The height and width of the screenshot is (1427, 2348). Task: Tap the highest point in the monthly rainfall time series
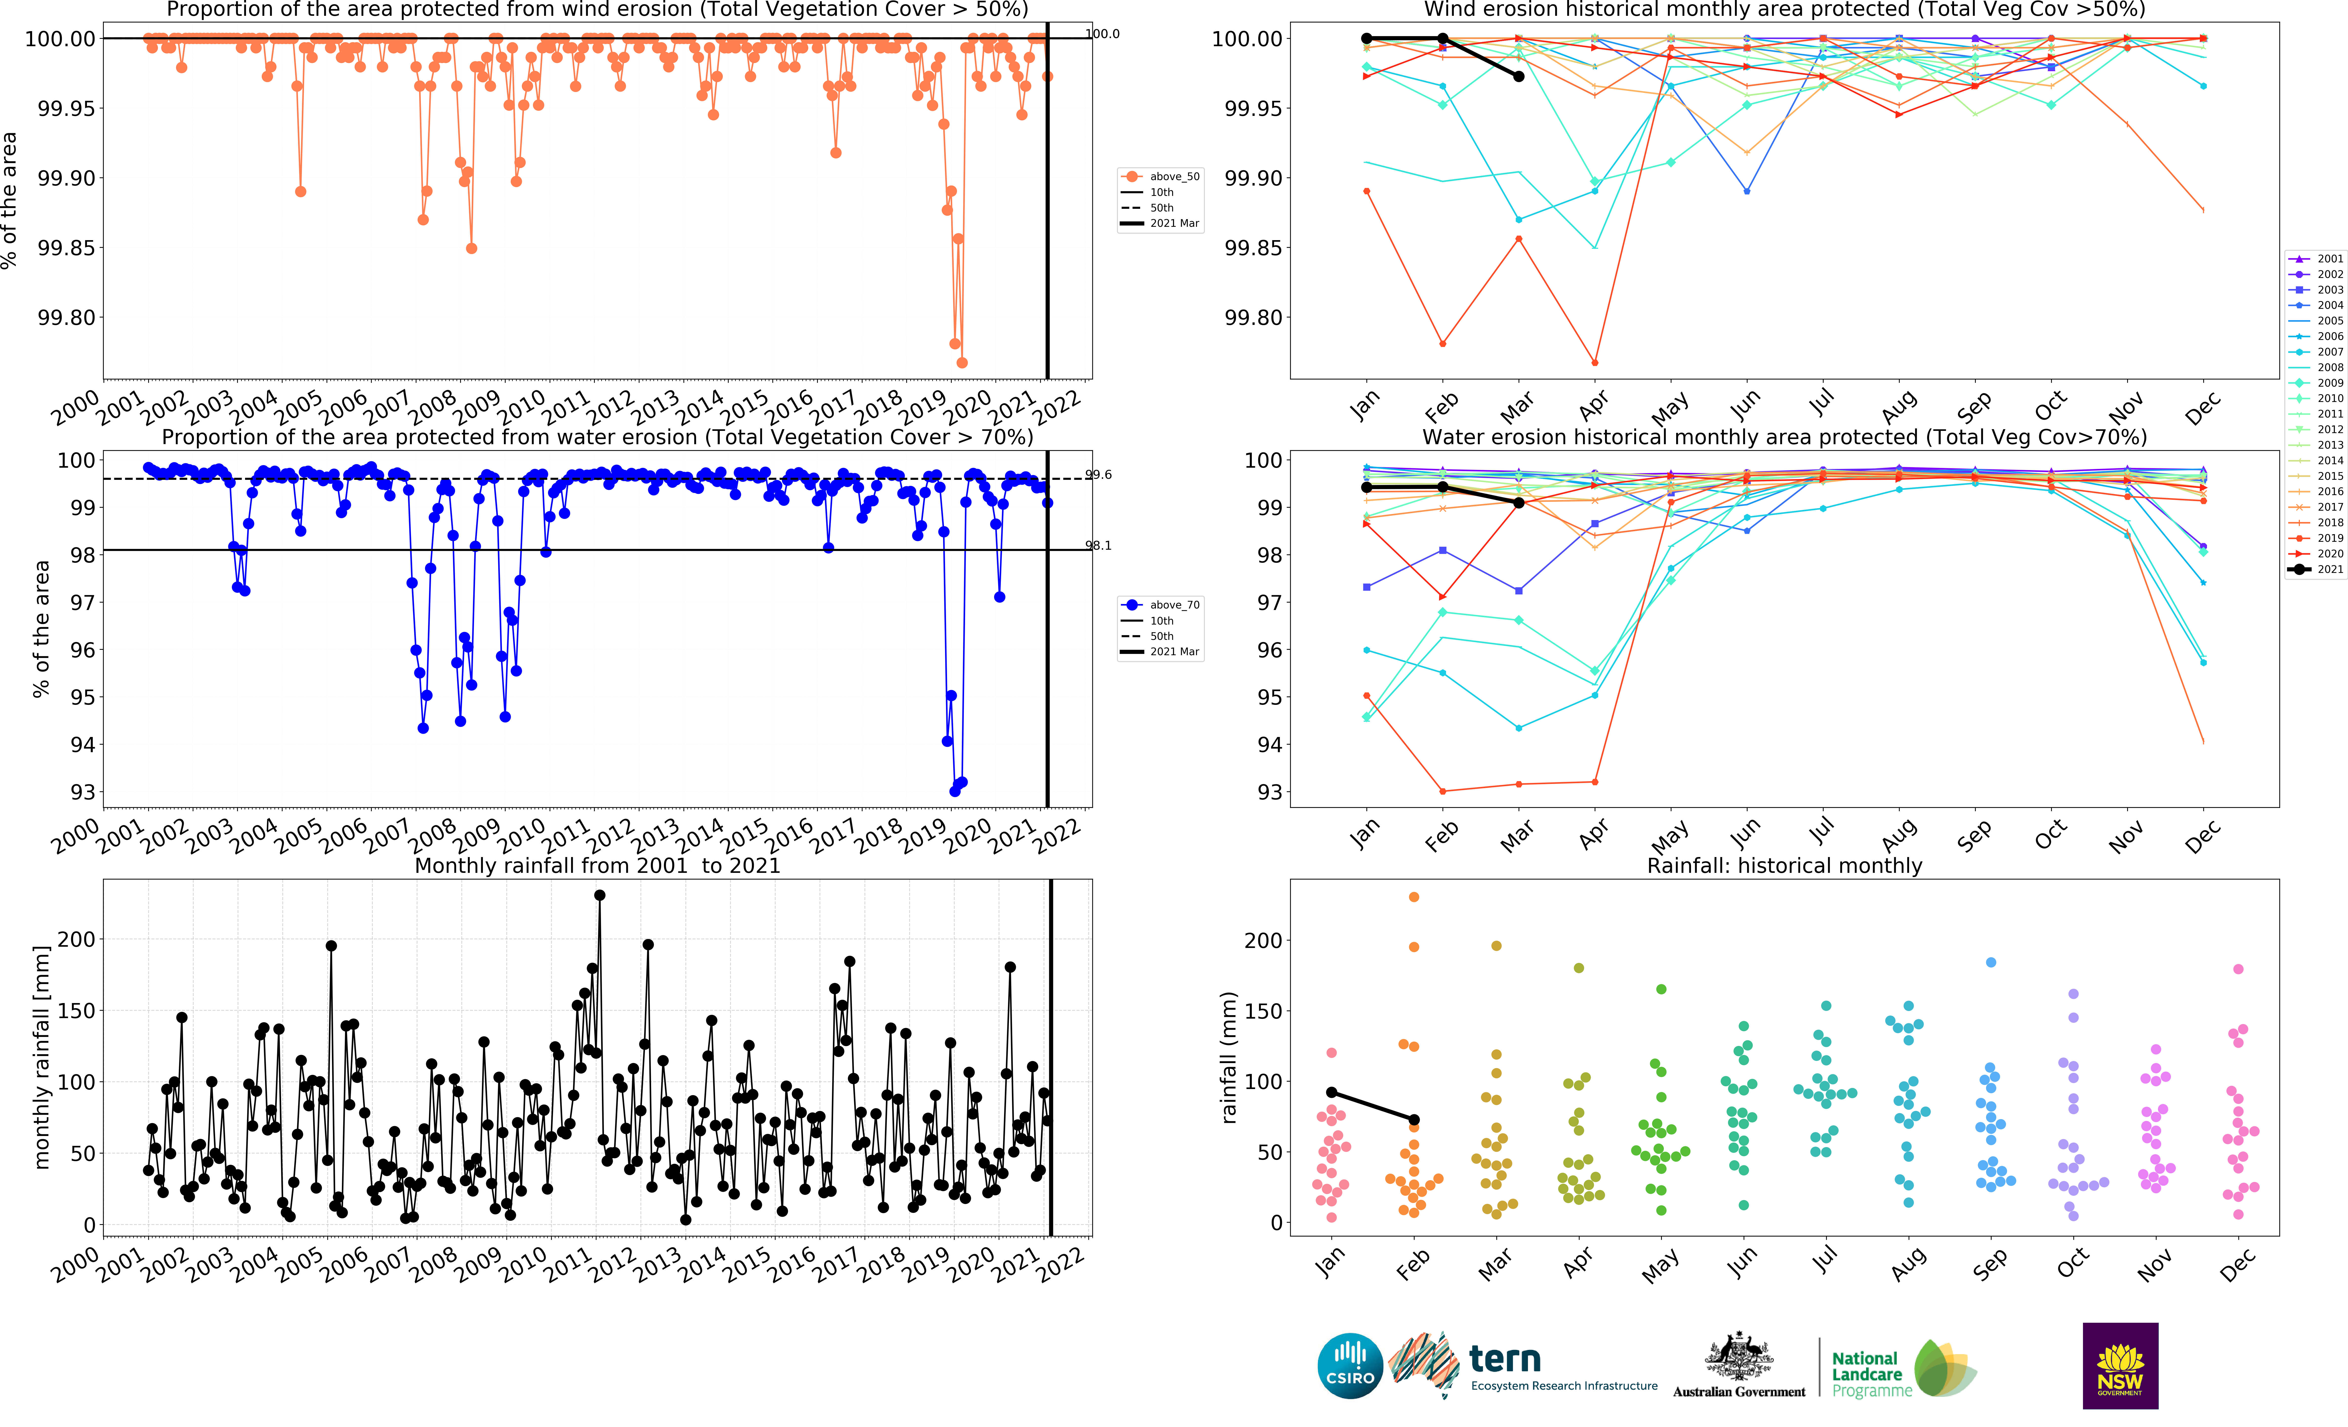[x=599, y=895]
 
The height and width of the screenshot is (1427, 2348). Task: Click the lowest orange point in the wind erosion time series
[x=962, y=362]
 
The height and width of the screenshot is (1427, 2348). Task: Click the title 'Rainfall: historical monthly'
[x=1784, y=865]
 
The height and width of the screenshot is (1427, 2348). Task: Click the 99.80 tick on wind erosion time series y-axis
[x=67, y=317]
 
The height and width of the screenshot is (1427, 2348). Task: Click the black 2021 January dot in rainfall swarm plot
[x=1331, y=1092]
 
